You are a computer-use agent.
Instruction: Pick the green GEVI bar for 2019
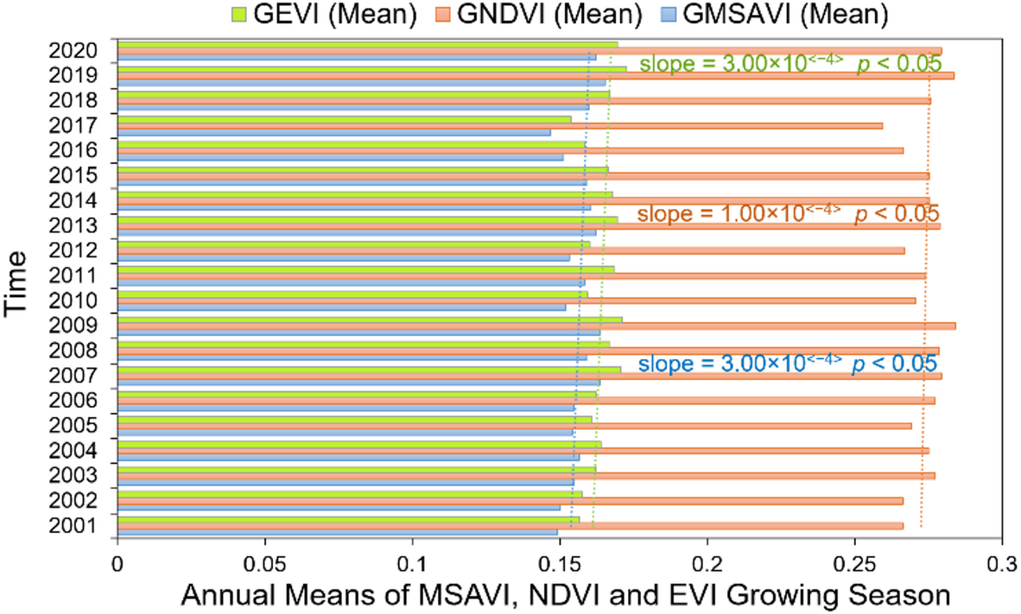371,68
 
